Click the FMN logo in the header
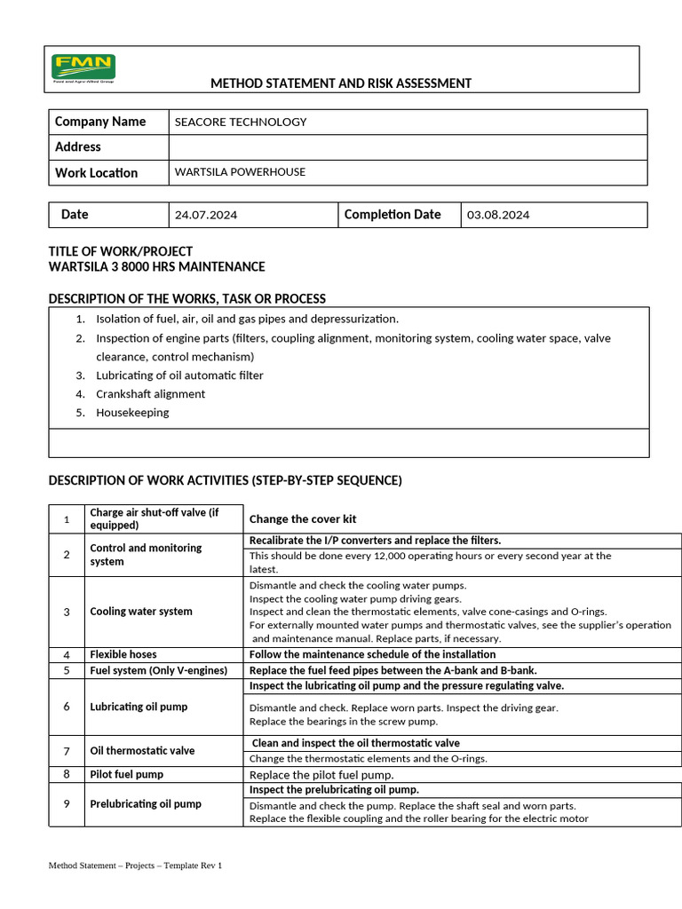point(83,68)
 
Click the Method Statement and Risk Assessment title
point(341,83)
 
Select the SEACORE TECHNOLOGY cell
point(241,123)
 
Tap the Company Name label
point(100,122)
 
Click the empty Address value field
point(407,147)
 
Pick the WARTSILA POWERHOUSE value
point(240,172)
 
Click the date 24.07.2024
point(206,215)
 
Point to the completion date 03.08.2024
point(498,215)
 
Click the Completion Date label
point(392,215)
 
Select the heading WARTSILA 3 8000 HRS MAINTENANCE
point(156,266)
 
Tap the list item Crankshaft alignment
point(150,394)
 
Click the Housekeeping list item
point(132,413)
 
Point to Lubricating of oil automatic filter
point(179,375)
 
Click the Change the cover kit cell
point(303,519)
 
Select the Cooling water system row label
point(141,612)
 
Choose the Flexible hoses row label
point(123,654)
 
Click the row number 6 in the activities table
point(66,707)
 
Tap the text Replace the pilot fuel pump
point(321,775)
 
